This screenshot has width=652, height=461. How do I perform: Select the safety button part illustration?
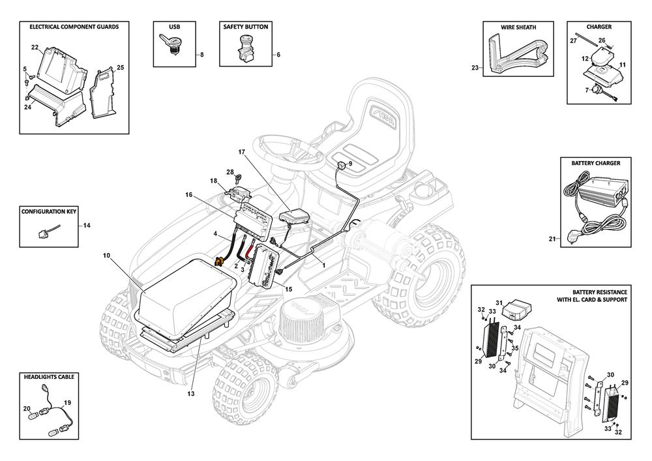coord(246,49)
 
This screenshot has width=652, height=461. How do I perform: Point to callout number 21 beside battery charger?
coord(551,239)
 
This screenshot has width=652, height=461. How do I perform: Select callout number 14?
coord(87,225)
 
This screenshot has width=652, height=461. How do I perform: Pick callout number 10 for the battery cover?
coord(106,256)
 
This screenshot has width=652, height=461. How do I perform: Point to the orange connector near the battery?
coord(220,261)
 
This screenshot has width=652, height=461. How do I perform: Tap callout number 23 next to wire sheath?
coord(475,67)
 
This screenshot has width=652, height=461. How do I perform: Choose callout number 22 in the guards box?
coord(35,47)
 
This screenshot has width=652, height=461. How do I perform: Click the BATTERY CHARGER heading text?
coord(595,163)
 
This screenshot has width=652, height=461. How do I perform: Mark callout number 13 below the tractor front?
coord(191,393)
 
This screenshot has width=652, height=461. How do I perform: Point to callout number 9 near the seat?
coord(350,163)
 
